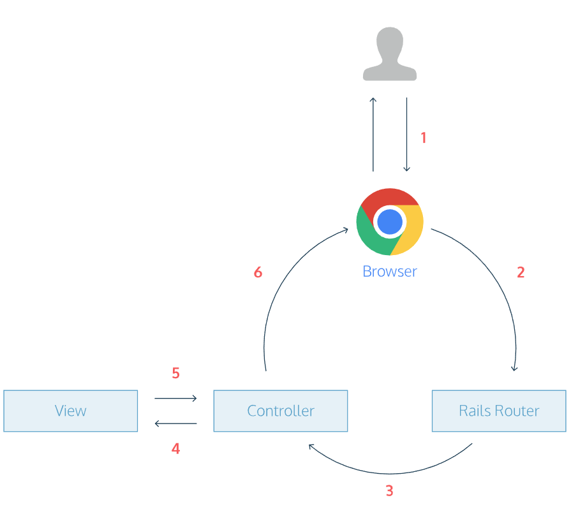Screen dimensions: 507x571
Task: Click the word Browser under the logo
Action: click(x=390, y=271)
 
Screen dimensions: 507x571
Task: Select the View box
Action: click(x=70, y=411)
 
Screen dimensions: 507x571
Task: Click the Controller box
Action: click(x=281, y=411)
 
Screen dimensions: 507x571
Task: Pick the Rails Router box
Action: click(x=499, y=411)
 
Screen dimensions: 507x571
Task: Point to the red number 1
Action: click(x=423, y=137)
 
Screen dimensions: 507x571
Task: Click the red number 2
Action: click(x=521, y=272)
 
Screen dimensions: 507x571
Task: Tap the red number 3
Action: click(x=389, y=491)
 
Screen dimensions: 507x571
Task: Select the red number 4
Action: click(x=175, y=449)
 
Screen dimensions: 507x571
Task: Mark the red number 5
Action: click(x=175, y=373)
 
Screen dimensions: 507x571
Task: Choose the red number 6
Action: click(x=258, y=272)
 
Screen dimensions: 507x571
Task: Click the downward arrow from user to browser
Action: click(x=406, y=135)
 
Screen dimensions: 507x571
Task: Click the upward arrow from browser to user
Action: click(x=373, y=135)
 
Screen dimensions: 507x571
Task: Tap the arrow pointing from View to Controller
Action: click(x=175, y=399)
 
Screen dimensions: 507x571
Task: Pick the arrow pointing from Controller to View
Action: click(x=175, y=423)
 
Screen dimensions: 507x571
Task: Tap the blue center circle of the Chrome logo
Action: click(x=390, y=222)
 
